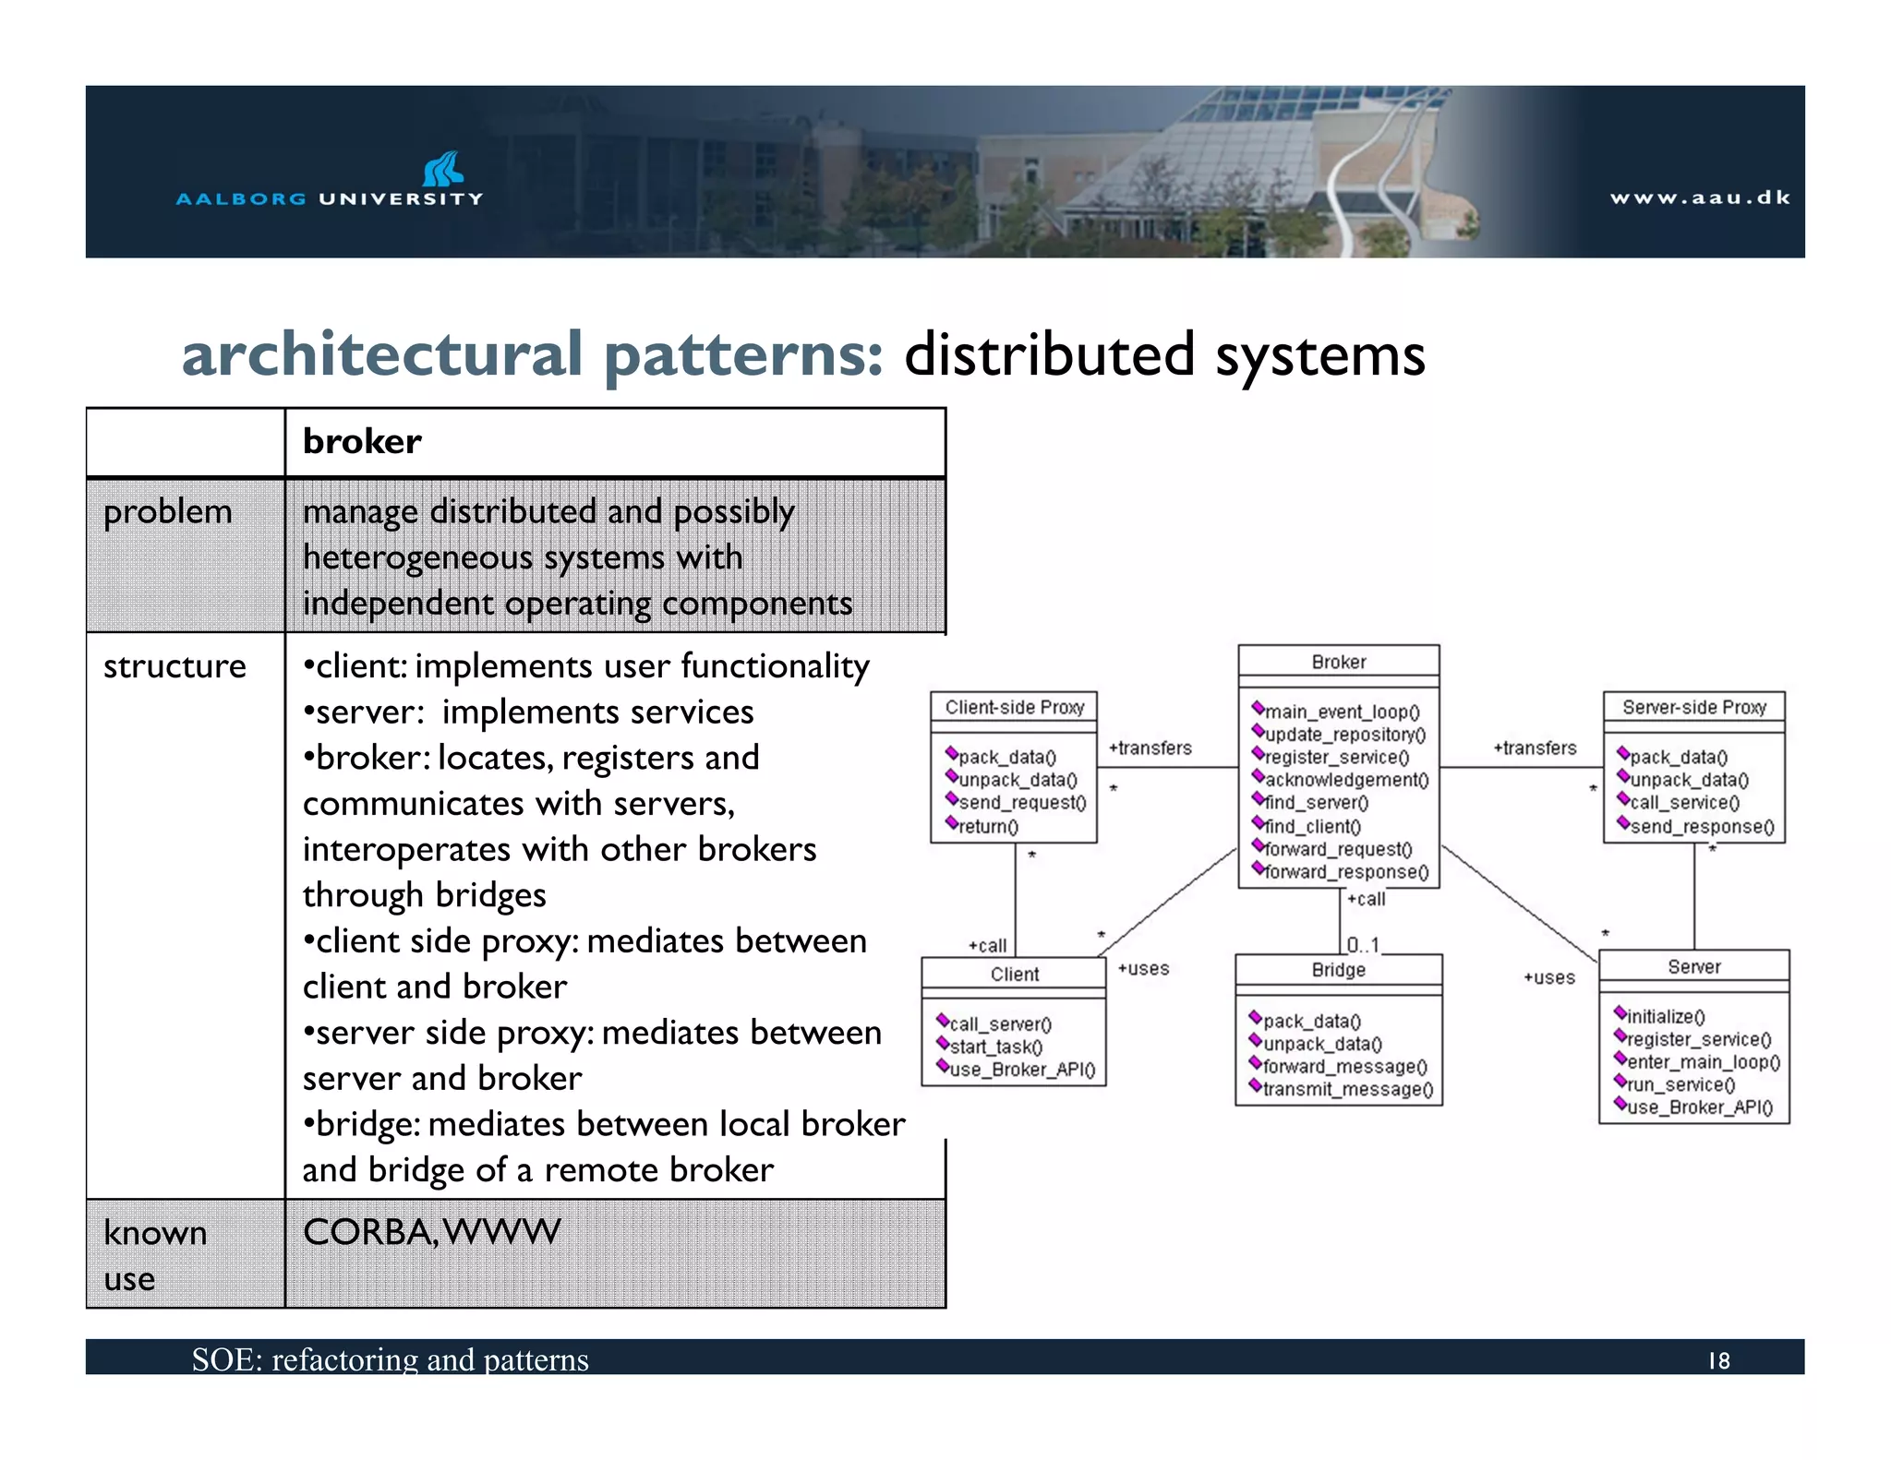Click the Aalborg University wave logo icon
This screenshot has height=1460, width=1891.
[443, 169]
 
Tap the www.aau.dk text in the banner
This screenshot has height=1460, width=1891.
[1699, 197]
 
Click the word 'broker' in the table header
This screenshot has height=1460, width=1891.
[362, 442]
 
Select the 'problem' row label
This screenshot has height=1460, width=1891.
[167, 511]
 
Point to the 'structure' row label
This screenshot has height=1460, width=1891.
[175, 666]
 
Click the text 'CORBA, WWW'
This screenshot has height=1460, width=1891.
[431, 1232]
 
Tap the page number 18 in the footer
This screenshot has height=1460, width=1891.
[1718, 1360]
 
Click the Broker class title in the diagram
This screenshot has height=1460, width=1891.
[1338, 662]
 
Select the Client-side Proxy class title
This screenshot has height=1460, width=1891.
[1014, 707]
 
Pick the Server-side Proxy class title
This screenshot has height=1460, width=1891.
[1693, 707]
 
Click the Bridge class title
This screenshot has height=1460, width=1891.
[1338, 969]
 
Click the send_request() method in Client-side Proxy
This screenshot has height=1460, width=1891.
[1022, 802]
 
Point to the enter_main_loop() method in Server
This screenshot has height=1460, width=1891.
[1703, 1062]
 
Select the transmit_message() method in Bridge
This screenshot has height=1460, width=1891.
[1347, 1089]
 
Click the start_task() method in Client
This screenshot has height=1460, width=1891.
[995, 1047]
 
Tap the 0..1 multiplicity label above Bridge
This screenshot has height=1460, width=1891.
[1363, 944]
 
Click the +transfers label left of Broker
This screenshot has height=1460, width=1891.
[1150, 748]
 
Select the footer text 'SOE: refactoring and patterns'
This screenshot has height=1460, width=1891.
[390, 1359]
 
